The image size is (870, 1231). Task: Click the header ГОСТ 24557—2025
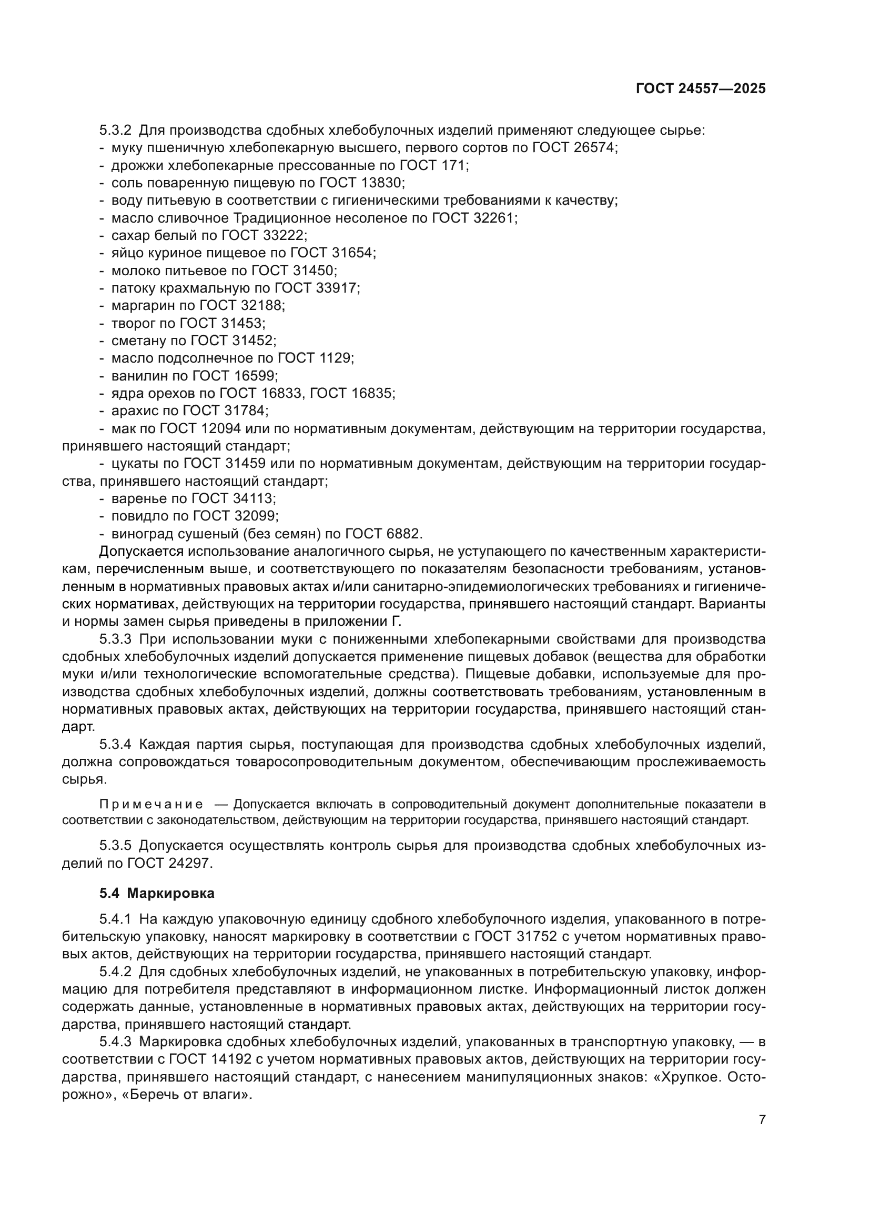[x=701, y=89]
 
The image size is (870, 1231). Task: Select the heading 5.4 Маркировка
[x=157, y=893]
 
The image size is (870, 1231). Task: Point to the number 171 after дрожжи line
[x=454, y=165]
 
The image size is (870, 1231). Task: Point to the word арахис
[x=135, y=411]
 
